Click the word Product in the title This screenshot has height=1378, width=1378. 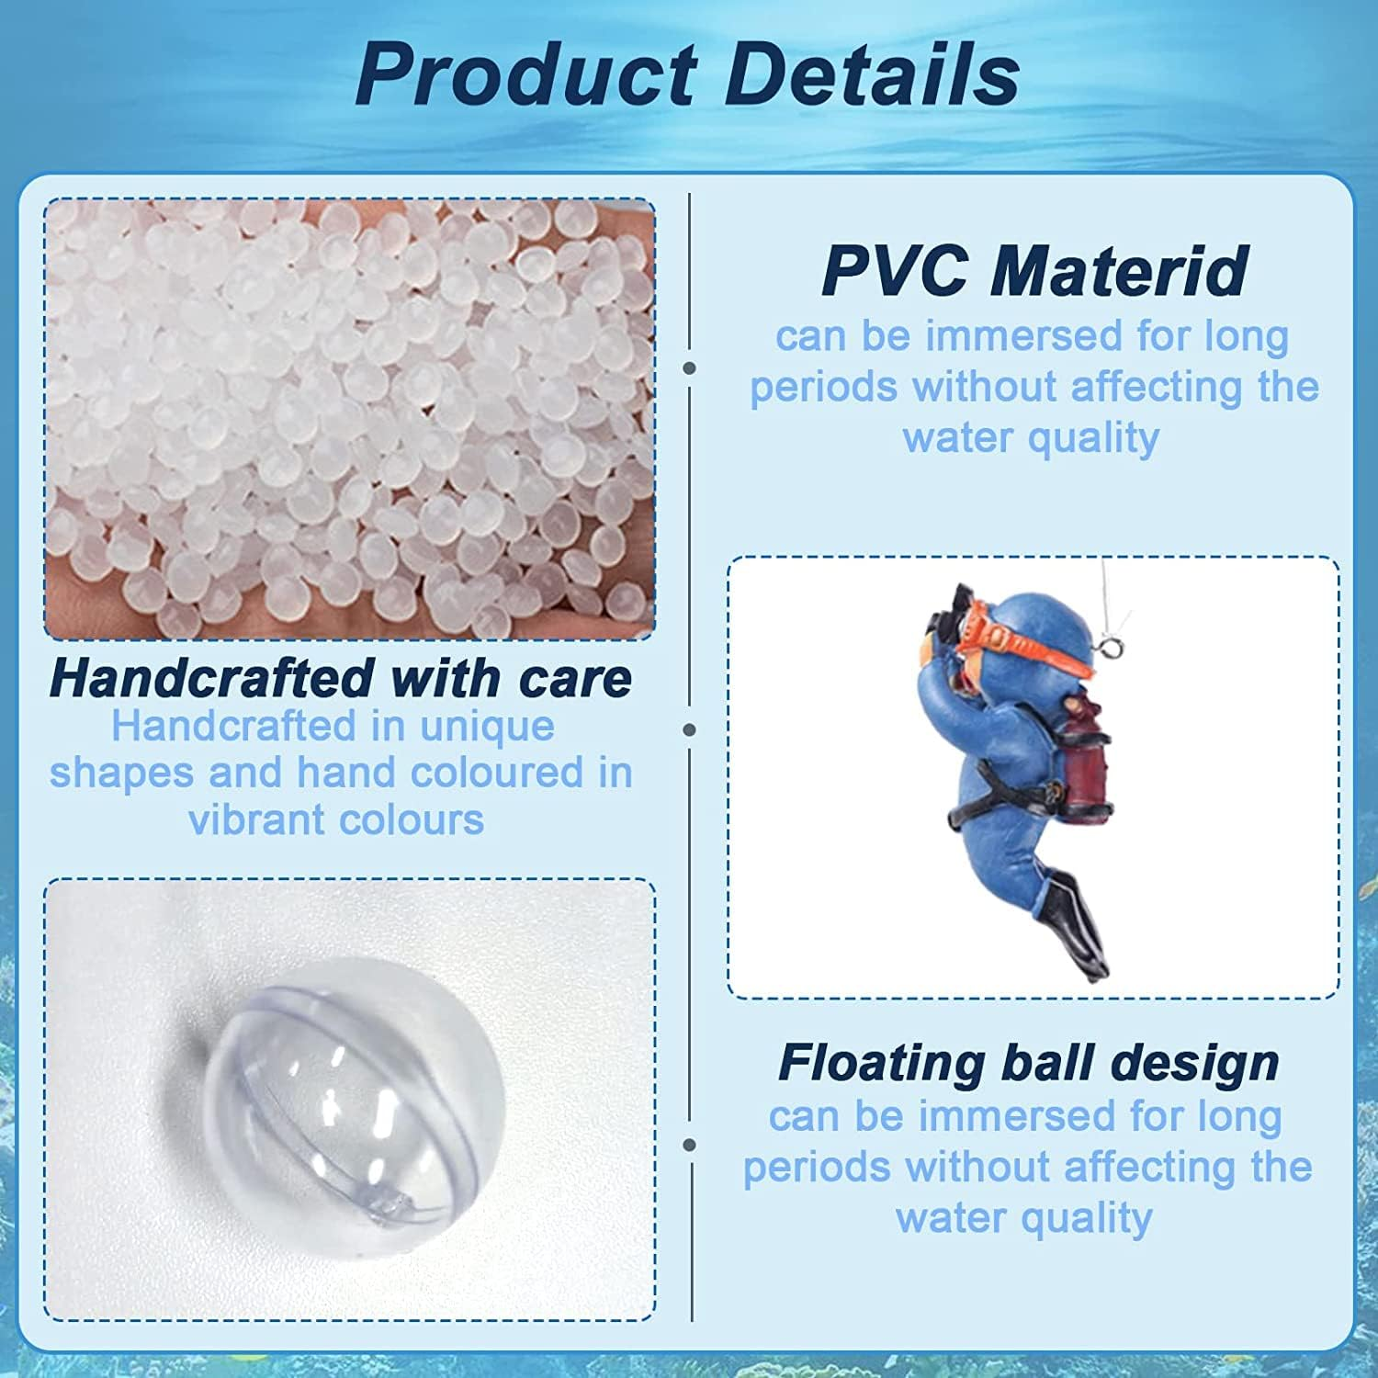point(525,73)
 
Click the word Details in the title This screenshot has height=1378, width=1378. point(873,73)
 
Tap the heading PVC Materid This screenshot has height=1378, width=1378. point(1033,270)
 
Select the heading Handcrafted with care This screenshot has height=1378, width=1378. point(341,678)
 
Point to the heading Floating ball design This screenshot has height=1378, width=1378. point(1028,1063)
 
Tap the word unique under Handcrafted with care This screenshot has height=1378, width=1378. point(487,727)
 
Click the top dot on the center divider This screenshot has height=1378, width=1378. point(690,368)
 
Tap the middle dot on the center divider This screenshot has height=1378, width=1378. point(690,730)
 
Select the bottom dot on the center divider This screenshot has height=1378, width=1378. point(690,1146)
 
